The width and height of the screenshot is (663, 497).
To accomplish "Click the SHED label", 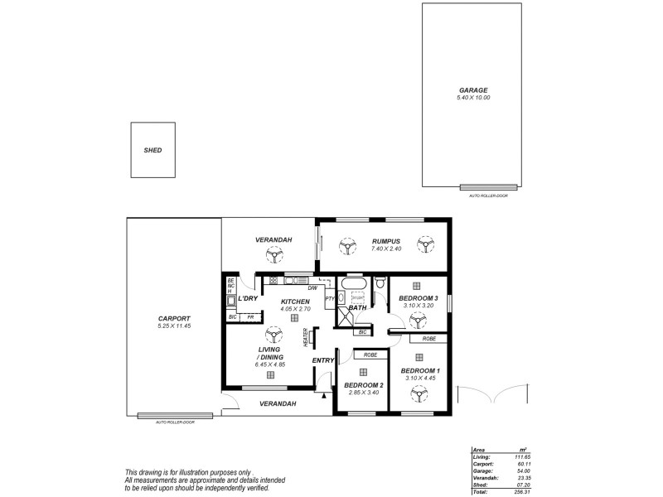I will (152, 151).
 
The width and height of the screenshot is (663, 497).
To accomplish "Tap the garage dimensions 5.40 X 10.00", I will (473, 98).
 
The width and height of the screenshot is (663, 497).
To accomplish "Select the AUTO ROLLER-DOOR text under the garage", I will (487, 195).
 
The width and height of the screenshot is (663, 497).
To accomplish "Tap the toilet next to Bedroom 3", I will (379, 285).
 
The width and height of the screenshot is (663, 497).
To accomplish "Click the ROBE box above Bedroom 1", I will (428, 339).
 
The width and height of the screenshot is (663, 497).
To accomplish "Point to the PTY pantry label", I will (329, 299).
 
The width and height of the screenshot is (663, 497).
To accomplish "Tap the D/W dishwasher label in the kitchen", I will (312, 287).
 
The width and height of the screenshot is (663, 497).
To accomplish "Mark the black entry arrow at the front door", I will (323, 396).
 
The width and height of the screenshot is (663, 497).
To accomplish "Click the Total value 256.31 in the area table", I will (520, 491).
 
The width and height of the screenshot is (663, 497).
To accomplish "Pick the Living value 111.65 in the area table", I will (520, 456).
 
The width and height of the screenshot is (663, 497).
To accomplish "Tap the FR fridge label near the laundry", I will (249, 317).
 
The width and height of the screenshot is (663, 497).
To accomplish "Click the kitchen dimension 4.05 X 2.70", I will (296, 309).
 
